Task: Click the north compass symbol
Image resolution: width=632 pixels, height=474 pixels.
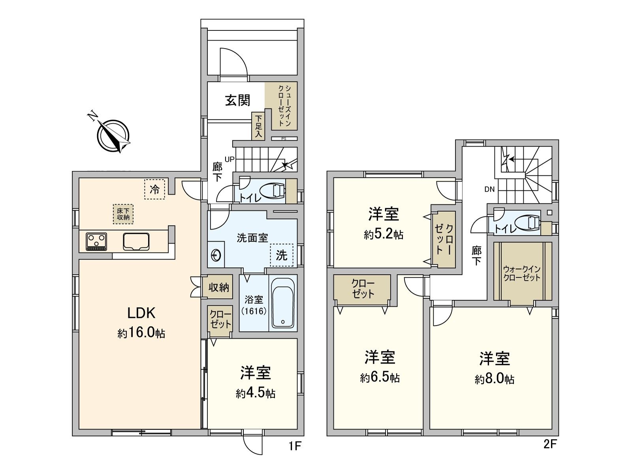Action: click(x=113, y=135)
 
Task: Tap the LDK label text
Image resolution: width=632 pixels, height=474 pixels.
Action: click(x=141, y=313)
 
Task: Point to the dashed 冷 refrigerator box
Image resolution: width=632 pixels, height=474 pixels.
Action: click(x=154, y=189)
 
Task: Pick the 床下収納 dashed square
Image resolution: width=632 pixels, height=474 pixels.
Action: click(x=123, y=214)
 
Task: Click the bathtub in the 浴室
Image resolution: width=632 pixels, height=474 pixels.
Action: click(x=283, y=302)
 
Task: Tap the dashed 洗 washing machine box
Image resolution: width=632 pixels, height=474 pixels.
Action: click(x=282, y=255)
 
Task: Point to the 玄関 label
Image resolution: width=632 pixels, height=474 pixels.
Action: click(x=238, y=100)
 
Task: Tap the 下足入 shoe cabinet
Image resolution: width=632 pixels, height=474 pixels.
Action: click(x=258, y=126)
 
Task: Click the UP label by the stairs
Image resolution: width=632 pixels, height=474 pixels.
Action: click(x=229, y=159)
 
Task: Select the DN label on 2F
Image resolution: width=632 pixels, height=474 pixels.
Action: click(x=489, y=189)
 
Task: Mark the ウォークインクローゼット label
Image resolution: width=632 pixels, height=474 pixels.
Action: click(x=521, y=273)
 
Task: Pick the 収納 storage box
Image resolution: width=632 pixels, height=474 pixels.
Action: click(x=219, y=287)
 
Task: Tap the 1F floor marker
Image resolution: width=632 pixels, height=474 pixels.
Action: click(x=295, y=446)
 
